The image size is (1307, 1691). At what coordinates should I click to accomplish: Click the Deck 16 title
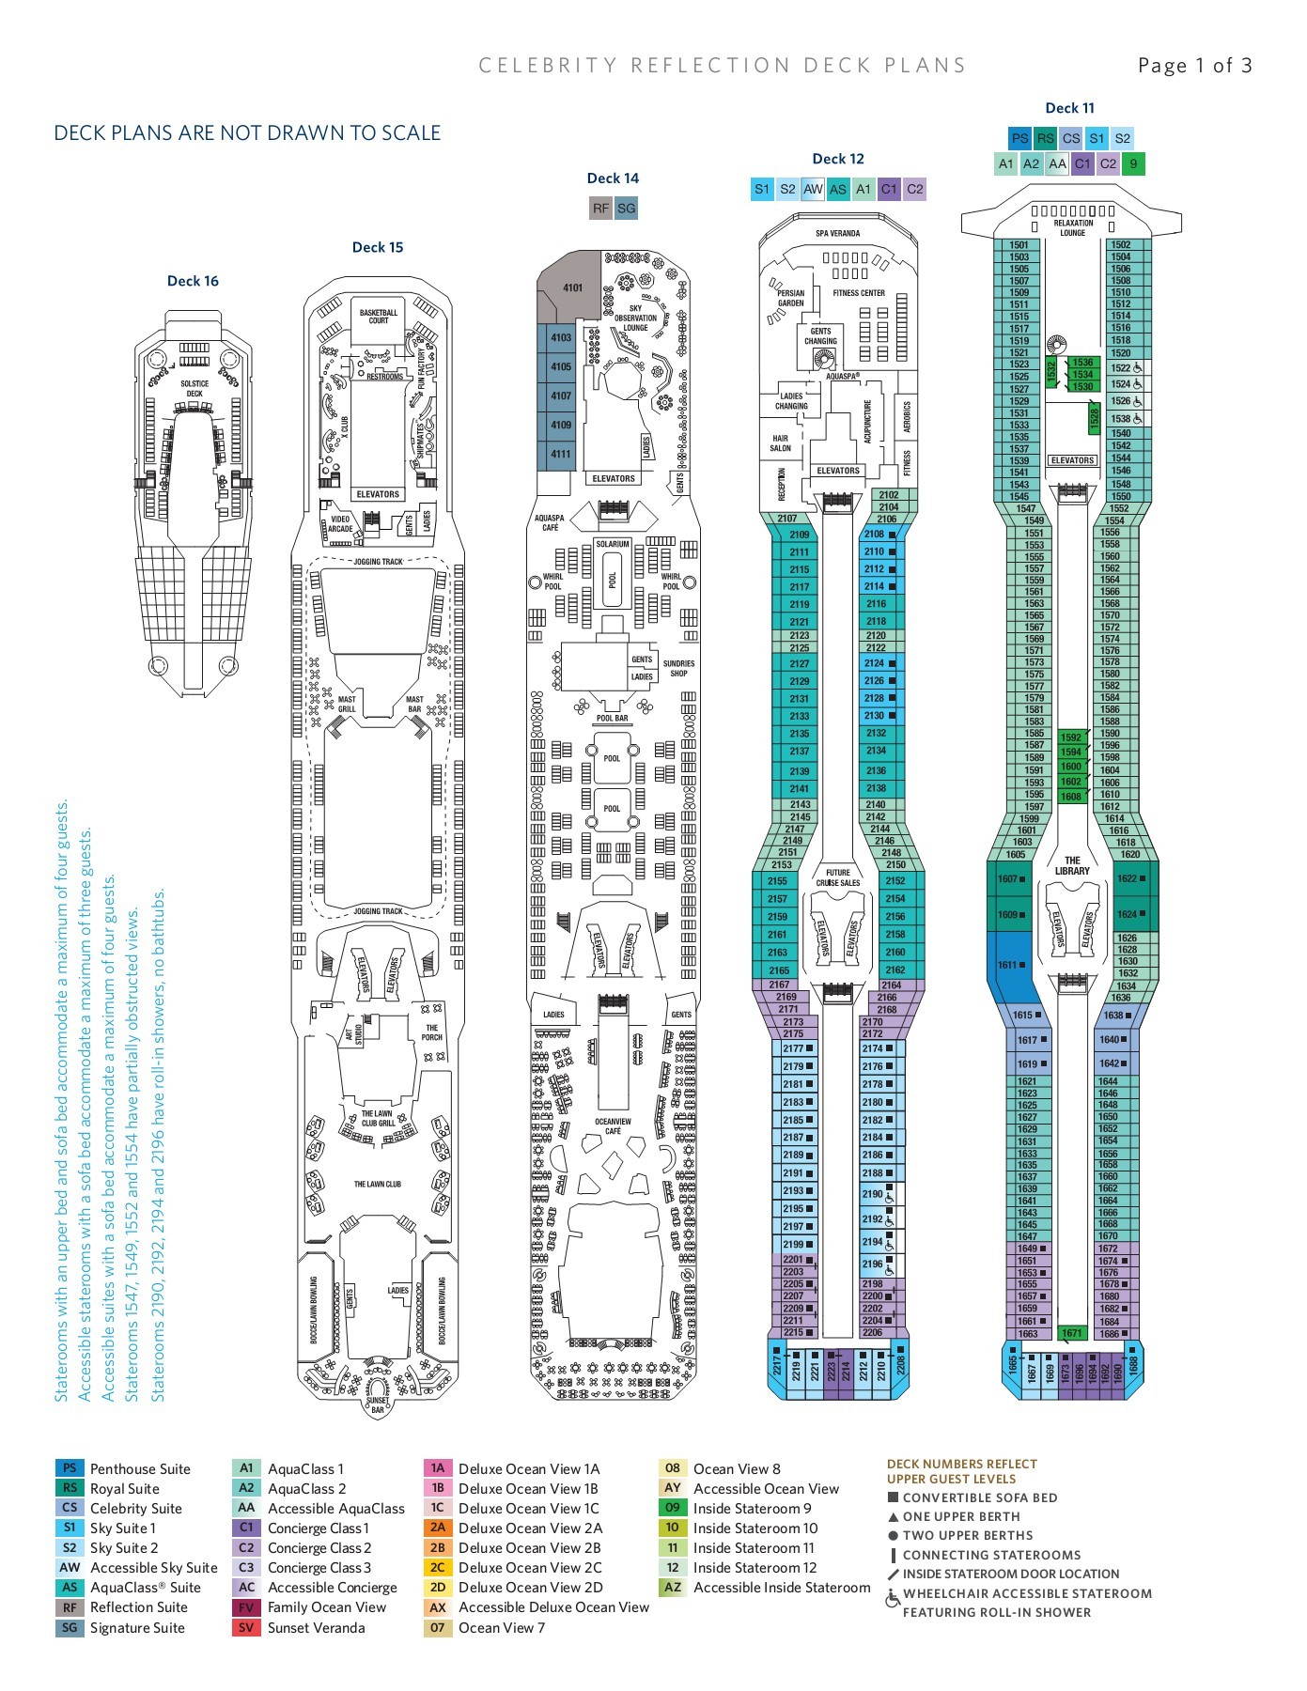pyautogui.click(x=193, y=281)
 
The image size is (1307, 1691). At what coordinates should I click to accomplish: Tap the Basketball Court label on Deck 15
pyautogui.click(x=378, y=317)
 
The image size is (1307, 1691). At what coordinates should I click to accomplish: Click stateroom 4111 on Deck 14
pyautogui.click(x=561, y=455)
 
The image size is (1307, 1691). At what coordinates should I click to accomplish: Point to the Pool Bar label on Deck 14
pyautogui.click(x=613, y=719)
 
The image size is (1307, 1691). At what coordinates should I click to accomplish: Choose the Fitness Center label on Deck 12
pyautogui.click(x=859, y=293)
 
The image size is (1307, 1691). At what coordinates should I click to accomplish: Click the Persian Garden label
pyautogui.click(x=791, y=299)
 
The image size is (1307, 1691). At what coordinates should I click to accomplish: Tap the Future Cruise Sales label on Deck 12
pyautogui.click(x=837, y=877)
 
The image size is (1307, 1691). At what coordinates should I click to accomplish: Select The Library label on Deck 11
pyautogui.click(x=1072, y=865)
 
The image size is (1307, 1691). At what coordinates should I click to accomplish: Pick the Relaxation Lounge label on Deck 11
pyautogui.click(x=1072, y=228)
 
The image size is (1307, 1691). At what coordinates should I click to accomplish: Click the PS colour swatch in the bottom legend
pyautogui.click(x=70, y=1468)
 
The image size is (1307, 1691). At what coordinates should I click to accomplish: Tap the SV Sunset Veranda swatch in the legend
pyautogui.click(x=246, y=1627)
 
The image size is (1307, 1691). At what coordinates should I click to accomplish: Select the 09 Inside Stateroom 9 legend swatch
pyautogui.click(x=672, y=1508)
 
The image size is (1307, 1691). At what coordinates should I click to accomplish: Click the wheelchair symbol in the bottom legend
pyautogui.click(x=893, y=1599)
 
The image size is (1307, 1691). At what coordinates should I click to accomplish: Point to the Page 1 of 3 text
pyautogui.click(x=1194, y=65)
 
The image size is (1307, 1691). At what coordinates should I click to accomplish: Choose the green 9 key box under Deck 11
pyautogui.click(x=1133, y=163)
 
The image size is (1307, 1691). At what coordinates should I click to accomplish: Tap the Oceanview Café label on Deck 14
pyautogui.click(x=613, y=1126)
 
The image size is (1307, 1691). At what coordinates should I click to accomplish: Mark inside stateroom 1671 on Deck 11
pyautogui.click(x=1072, y=1333)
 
